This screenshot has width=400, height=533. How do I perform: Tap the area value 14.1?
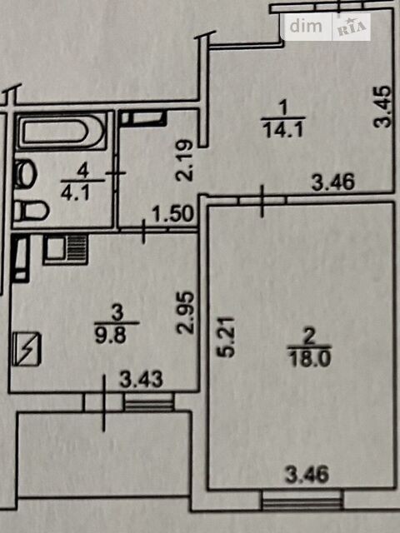[283, 130]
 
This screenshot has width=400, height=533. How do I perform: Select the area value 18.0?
[309, 359]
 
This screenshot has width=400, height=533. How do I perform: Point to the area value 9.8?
[111, 336]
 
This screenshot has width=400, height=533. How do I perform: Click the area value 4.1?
[76, 194]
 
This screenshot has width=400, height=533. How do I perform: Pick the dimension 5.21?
[226, 336]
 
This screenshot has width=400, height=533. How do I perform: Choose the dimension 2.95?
[187, 312]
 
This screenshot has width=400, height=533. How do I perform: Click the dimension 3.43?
[142, 380]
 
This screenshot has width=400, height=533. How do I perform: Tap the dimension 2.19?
[186, 161]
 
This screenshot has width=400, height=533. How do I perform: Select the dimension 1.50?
[174, 214]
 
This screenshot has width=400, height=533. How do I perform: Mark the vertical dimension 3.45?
[382, 107]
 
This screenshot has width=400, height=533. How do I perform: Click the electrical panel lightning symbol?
[27, 349]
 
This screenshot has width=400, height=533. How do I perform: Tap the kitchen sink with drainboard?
[65, 250]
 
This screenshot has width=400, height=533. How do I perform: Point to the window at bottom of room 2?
[302, 501]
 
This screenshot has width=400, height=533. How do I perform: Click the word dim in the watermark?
[306, 26]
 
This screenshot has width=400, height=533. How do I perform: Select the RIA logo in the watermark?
[352, 27]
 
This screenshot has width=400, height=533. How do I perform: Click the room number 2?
[309, 338]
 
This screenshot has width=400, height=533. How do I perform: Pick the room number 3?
[117, 313]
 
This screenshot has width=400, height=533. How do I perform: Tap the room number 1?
[283, 109]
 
